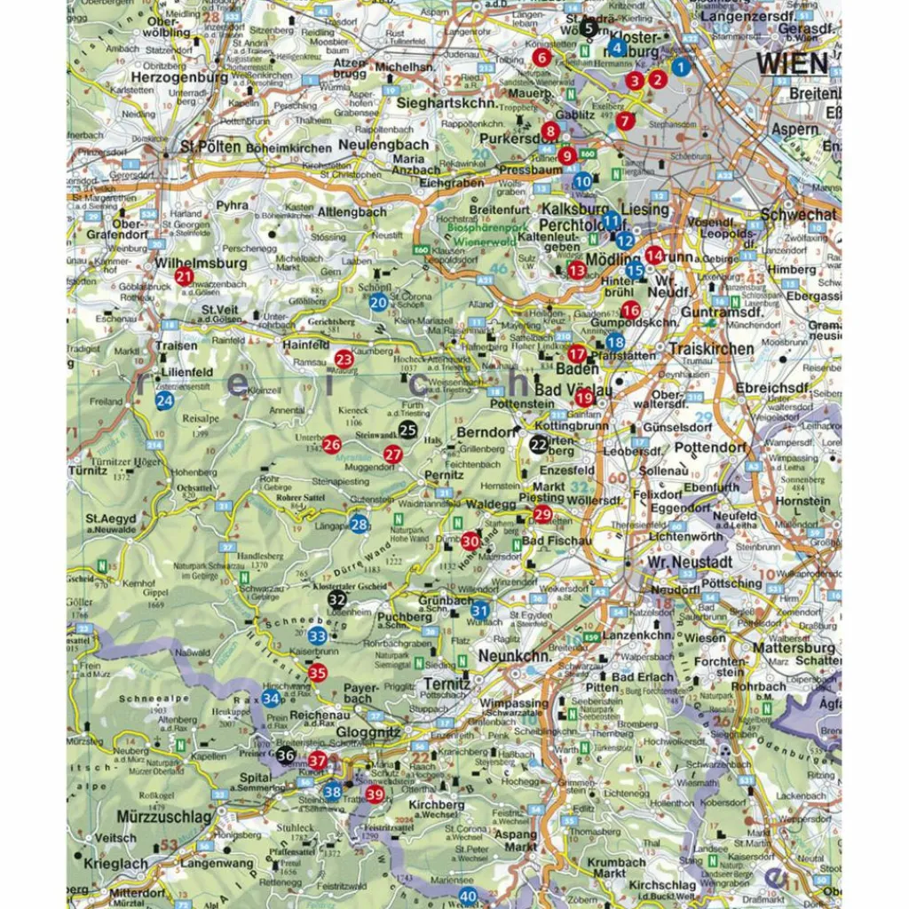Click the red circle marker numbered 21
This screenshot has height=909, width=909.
click(184, 276)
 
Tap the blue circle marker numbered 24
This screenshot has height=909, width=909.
click(164, 401)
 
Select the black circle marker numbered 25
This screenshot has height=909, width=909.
click(407, 431)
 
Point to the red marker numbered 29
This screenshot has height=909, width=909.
click(542, 514)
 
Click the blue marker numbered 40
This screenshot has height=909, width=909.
click(467, 896)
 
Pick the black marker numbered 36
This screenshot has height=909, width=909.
click(285, 755)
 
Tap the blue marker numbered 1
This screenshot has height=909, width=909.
click(681, 66)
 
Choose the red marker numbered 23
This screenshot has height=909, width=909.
click(344, 360)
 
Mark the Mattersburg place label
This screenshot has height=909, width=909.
click(793, 648)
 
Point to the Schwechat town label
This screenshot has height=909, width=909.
click(798, 215)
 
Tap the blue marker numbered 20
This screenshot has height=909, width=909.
click(379, 303)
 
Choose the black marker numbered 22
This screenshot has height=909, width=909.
click(539, 445)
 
